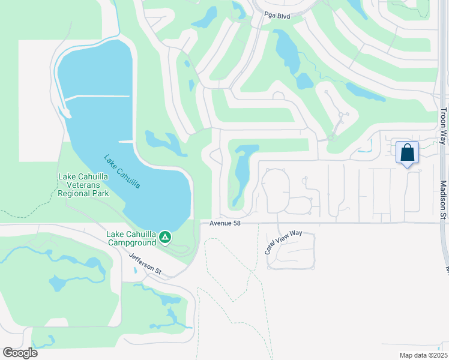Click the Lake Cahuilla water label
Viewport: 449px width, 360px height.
click(x=122, y=172)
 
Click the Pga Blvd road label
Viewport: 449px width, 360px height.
click(x=277, y=16)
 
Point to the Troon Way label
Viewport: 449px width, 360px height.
click(x=443, y=126)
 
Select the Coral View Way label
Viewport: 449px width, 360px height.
click(x=283, y=242)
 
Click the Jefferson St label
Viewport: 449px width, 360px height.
click(x=145, y=264)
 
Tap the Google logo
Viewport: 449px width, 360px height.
click(x=20, y=353)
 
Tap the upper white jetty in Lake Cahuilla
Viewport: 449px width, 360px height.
click(x=97, y=96)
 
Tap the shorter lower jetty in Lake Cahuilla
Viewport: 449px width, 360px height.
click(x=125, y=142)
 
